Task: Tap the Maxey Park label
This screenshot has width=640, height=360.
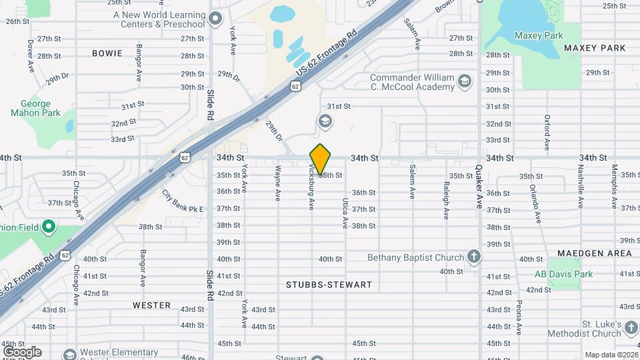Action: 539,36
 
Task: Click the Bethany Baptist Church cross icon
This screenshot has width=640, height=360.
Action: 473,257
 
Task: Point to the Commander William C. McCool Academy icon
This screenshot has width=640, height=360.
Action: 465,82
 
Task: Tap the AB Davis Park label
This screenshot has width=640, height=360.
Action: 563,274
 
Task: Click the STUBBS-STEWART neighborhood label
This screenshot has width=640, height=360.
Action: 329,285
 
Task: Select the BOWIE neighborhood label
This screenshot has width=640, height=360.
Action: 107,53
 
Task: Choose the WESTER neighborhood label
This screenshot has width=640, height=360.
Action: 151,305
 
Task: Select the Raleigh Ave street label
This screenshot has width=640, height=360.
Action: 446,201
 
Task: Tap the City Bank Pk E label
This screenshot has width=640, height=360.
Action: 183,201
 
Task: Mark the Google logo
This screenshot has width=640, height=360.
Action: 22,352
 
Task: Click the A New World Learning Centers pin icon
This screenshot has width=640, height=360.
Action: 215,19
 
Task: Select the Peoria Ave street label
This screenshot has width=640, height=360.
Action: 519,317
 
